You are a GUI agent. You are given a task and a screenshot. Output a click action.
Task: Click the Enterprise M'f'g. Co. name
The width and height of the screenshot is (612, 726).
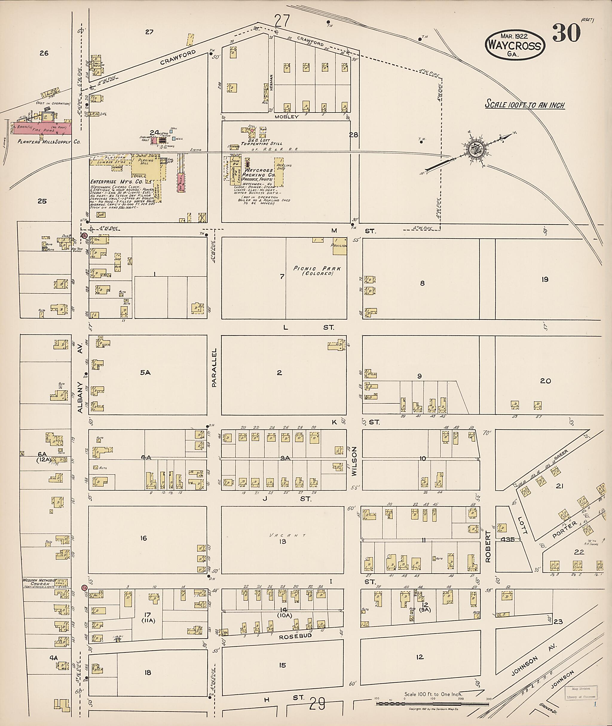112,181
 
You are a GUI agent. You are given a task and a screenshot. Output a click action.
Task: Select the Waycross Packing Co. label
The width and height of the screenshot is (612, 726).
259,173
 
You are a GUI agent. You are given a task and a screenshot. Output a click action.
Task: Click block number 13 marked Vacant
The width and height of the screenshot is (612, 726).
283,541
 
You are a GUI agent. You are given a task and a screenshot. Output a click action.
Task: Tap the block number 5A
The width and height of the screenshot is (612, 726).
145,372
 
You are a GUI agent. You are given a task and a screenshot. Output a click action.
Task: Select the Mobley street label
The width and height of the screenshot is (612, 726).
286,117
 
